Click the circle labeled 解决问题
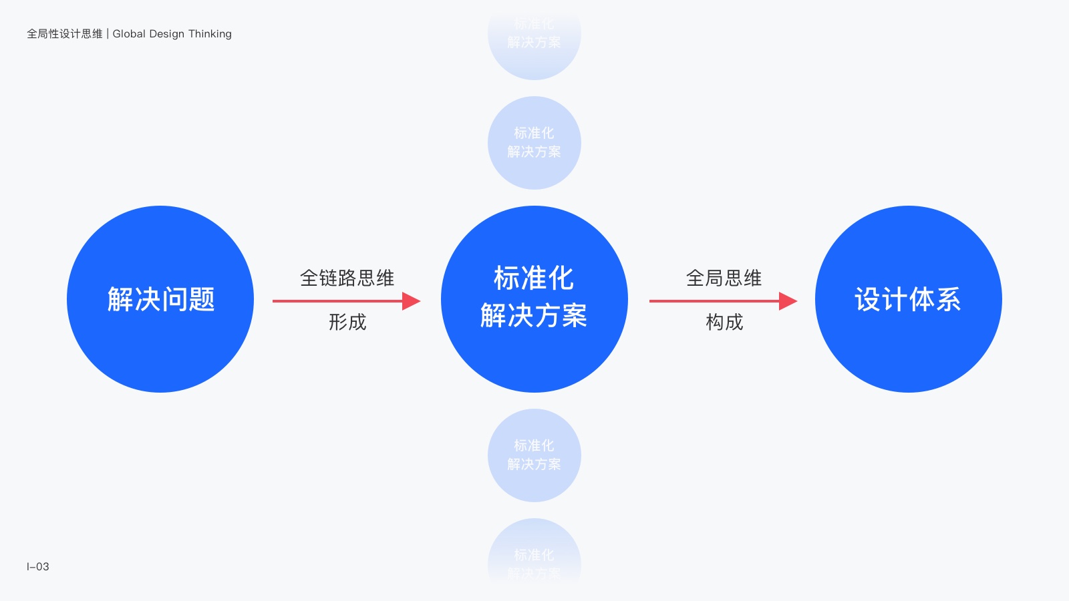pos(160,299)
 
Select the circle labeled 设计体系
pos(909,299)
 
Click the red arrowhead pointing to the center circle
pos(410,301)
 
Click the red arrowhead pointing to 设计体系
pos(787,301)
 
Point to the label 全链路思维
pos(347,278)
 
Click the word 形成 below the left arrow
pos(347,322)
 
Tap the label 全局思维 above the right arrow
pos(724,278)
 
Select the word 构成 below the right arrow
pos(724,322)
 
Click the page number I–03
pos(38,566)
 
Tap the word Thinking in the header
pos(210,33)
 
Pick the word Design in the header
pos(167,33)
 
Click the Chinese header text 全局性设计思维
pos(65,33)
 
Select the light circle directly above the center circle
pos(534,143)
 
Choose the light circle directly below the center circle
pos(534,455)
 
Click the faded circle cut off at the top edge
pos(534,40)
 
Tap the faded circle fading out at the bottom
pos(534,554)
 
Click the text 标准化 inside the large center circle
pos(534,278)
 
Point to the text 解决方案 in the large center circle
pos(534,315)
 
